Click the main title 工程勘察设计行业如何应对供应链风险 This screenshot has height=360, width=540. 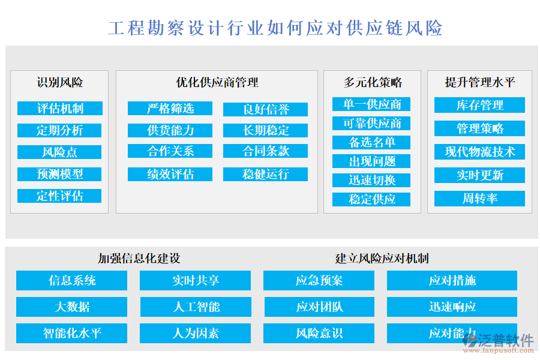point(275,28)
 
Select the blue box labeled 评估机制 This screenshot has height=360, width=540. point(60,109)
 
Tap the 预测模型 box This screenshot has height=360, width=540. point(60,174)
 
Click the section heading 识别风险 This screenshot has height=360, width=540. point(60,82)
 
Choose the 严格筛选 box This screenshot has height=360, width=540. point(170,109)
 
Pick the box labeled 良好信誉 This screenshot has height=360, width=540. point(266,109)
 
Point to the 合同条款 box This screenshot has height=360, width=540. point(266,151)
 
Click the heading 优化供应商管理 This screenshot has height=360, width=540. point(217,82)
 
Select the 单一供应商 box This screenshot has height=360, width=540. point(372,104)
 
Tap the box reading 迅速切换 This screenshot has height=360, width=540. point(372,180)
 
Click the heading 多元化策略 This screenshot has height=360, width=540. point(373,82)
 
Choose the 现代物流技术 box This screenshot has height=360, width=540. point(480,152)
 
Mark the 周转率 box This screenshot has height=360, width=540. point(480,199)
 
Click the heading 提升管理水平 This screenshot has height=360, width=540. point(480,82)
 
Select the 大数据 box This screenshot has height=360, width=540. point(72,307)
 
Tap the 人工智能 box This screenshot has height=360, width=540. point(196,307)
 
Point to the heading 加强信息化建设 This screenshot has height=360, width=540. point(139,259)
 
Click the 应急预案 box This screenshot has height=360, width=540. point(319,281)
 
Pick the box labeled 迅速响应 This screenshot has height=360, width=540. point(452,307)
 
